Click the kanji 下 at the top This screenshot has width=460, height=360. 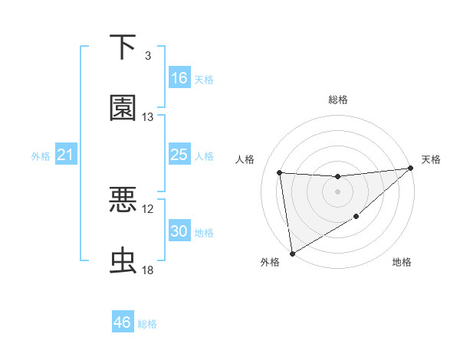pyautogui.click(x=123, y=47)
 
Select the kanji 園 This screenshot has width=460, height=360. pyautogui.click(x=123, y=108)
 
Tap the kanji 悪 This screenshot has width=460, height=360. pyautogui.click(x=123, y=201)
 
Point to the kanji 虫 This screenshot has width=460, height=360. pyautogui.click(x=123, y=261)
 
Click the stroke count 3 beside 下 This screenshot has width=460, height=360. pyautogui.click(x=148, y=56)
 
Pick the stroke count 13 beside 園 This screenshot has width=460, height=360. pyautogui.click(x=148, y=117)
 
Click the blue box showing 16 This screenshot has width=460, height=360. pyautogui.click(x=179, y=78)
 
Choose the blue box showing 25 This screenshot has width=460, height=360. pyautogui.click(x=179, y=155)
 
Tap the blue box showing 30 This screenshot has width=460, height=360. pyautogui.click(x=179, y=231)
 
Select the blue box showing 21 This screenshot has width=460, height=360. pyautogui.click(x=66, y=155)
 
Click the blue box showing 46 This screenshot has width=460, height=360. pyautogui.click(x=123, y=322)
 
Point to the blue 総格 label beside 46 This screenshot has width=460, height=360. pyautogui.click(x=148, y=324)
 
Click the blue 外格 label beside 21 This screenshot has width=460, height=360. pyautogui.click(x=41, y=156)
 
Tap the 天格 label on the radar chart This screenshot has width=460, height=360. pyautogui.click(x=431, y=159)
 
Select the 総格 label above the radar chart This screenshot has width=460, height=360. pyautogui.click(x=337, y=100)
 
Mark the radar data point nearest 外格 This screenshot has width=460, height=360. pyautogui.click(x=291, y=253)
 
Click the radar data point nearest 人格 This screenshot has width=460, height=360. pyautogui.click(x=280, y=172)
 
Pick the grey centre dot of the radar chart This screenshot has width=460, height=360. pyautogui.click(x=337, y=191)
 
